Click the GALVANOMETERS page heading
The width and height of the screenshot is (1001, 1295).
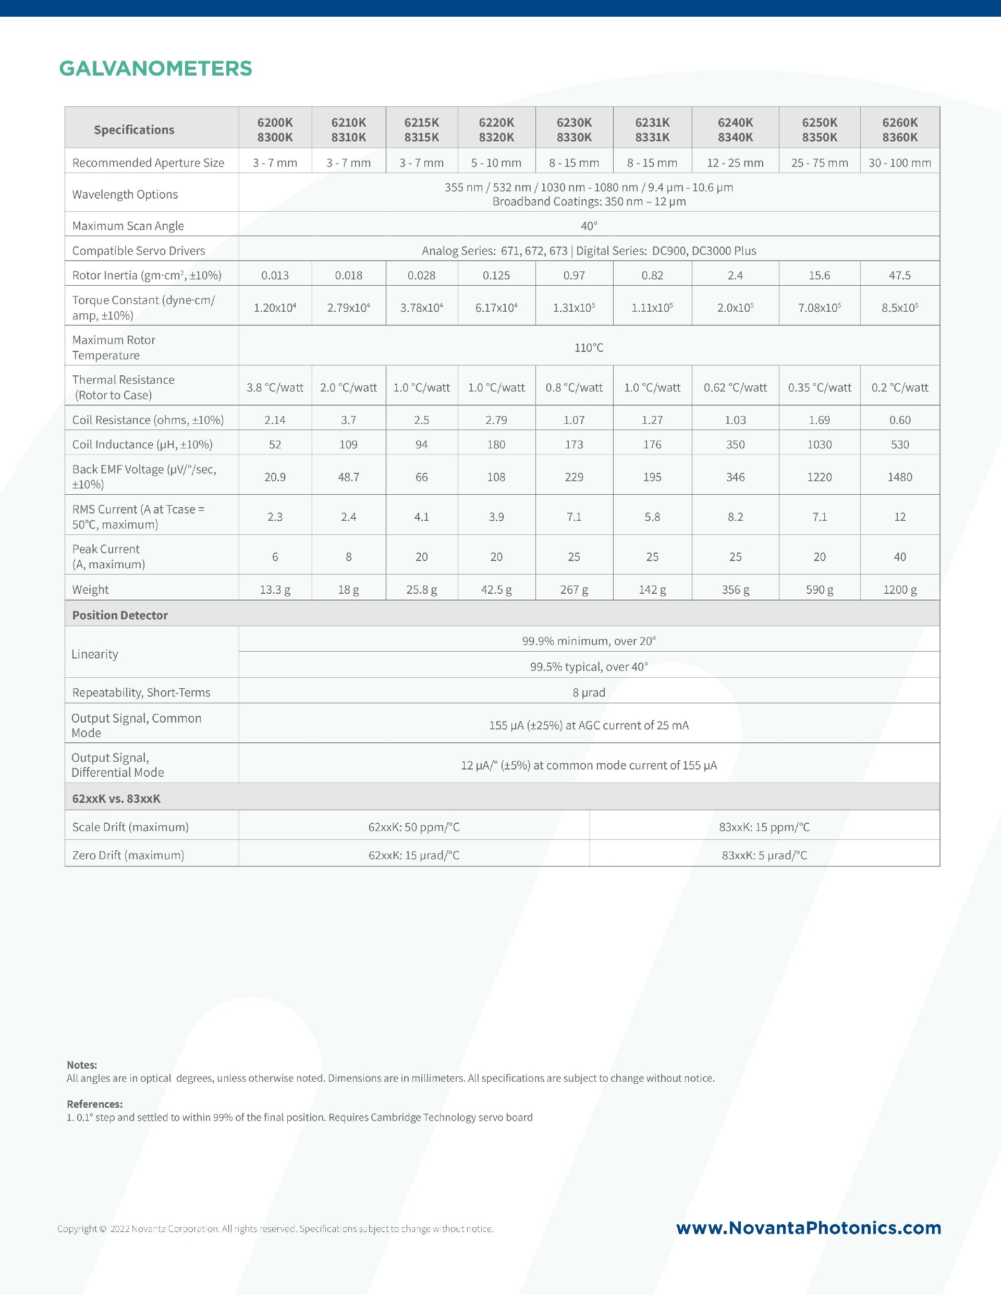[155, 68]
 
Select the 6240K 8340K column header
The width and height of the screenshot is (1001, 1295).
[735, 129]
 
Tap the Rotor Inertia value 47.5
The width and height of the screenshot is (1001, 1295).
[899, 275]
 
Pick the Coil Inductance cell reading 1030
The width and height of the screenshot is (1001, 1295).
[819, 444]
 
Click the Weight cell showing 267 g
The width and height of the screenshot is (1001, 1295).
[573, 590]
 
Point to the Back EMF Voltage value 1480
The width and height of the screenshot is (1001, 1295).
[899, 477]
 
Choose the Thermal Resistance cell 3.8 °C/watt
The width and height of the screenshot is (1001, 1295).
[275, 387]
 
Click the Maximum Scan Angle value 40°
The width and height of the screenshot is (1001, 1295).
[588, 226]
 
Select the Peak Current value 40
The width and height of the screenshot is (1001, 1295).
[899, 557]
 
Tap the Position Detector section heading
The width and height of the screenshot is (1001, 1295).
[120, 615]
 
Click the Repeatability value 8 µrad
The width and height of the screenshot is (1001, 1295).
[588, 692]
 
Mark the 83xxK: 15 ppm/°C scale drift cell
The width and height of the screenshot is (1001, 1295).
[764, 826]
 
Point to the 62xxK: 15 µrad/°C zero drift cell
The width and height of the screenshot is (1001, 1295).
[413, 855]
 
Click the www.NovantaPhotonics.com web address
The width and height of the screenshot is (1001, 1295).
[808, 1227]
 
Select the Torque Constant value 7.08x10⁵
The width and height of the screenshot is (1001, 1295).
[819, 307]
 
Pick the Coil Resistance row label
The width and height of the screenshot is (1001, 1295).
[148, 420]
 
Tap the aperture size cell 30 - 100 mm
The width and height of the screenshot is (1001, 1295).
[899, 163]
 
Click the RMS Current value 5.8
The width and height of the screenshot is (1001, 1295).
[652, 517]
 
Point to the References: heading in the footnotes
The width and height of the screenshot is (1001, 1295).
[94, 1104]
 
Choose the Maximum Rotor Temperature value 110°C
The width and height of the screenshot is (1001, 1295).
[588, 347]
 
